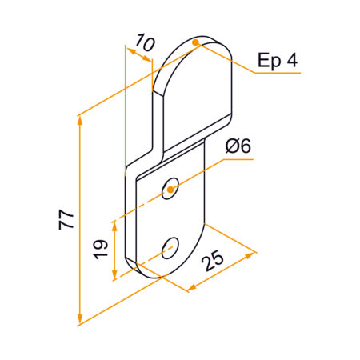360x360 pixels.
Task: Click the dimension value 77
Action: click(x=66, y=219)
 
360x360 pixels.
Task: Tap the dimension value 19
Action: click(x=101, y=250)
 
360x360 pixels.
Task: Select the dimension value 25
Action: click(x=213, y=261)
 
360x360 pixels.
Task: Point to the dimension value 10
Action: click(x=145, y=42)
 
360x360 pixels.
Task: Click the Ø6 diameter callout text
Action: click(x=238, y=146)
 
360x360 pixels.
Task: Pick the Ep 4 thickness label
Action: click(x=278, y=60)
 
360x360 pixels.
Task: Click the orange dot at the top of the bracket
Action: click(x=196, y=42)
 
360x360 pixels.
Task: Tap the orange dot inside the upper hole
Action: click(x=170, y=190)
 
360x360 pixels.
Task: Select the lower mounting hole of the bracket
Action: click(x=170, y=248)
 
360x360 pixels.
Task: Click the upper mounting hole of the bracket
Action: click(x=170, y=188)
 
